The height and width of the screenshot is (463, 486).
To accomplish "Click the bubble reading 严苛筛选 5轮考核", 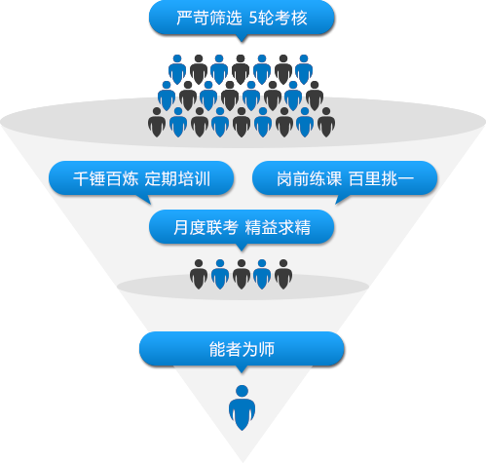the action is click(x=242, y=18).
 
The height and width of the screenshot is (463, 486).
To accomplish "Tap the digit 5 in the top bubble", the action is click(x=253, y=19).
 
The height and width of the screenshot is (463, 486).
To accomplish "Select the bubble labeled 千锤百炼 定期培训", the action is click(x=141, y=179).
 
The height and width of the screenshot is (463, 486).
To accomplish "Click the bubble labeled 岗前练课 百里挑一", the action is click(x=345, y=179).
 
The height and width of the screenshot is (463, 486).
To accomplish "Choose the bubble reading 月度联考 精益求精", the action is click(x=242, y=227).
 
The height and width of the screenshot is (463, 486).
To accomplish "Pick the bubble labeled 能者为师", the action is click(x=242, y=350).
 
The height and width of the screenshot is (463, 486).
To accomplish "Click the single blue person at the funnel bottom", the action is click(x=242, y=407).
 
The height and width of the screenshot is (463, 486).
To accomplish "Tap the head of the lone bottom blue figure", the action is click(x=242, y=391).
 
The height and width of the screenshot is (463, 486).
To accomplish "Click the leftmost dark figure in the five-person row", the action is click(x=199, y=275).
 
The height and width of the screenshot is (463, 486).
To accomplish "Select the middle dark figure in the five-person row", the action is click(x=242, y=275).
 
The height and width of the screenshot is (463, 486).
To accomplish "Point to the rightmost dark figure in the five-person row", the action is click(x=283, y=275).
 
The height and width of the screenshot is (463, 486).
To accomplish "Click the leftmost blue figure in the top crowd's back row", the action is click(x=177, y=69).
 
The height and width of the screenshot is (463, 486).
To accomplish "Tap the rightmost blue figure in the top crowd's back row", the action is click(x=304, y=69).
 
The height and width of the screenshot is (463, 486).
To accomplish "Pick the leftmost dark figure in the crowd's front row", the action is click(x=157, y=122).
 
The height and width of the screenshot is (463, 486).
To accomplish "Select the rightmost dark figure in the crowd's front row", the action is click(x=326, y=122).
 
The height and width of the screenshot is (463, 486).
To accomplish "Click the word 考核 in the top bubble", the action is click(x=291, y=19).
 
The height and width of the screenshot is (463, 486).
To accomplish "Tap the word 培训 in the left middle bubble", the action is click(x=194, y=179).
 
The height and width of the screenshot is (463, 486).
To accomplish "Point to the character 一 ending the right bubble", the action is click(x=405, y=179).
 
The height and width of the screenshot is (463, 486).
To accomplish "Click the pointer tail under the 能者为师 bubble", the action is click(x=242, y=369).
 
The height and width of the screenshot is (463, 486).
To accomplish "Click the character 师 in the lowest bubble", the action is click(x=267, y=350).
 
